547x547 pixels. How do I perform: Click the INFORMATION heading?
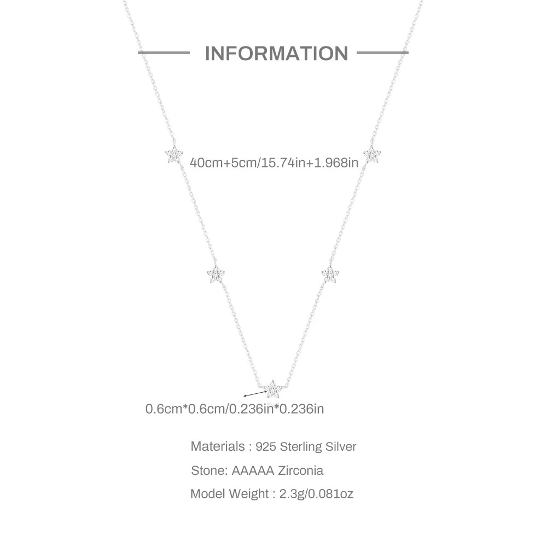click(276, 54)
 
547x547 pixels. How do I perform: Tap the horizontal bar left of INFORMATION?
click(164, 53)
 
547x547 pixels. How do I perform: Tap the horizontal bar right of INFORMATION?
click(382, 53)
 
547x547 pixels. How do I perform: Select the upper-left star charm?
click(174, 155)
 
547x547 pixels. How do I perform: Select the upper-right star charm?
click(372, 155)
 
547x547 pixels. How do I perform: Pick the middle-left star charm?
click(216, 274)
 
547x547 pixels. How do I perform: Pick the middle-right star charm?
click(330, 274)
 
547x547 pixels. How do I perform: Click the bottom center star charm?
click(273, 389)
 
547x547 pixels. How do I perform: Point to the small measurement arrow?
click(255, 394)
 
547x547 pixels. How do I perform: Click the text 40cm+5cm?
click(223, 162)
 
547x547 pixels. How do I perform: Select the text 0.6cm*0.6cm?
click(185, 409)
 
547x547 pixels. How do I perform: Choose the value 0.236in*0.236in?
click(276, 409)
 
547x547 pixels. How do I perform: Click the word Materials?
click(218, 446)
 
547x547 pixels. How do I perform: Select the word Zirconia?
click(301, 470)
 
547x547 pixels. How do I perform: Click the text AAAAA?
click(253, 470)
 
